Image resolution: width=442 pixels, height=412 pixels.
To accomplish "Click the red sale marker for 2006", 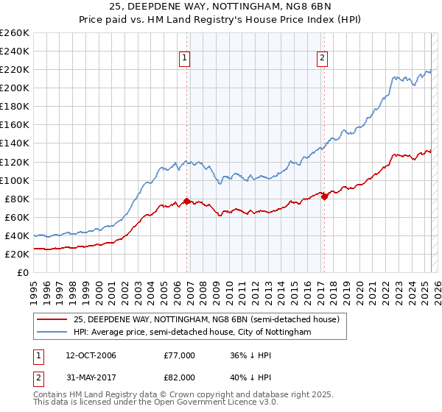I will coord(186,201).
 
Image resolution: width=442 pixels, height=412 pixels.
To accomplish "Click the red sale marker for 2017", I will coord(324,196).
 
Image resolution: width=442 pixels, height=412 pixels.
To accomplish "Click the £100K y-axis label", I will coord(15,180).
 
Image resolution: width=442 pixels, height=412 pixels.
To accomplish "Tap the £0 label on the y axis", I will coord(24,272).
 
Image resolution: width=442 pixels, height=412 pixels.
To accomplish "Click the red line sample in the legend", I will coord(52,319).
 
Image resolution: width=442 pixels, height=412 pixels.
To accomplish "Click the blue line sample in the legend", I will coord(52,333).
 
